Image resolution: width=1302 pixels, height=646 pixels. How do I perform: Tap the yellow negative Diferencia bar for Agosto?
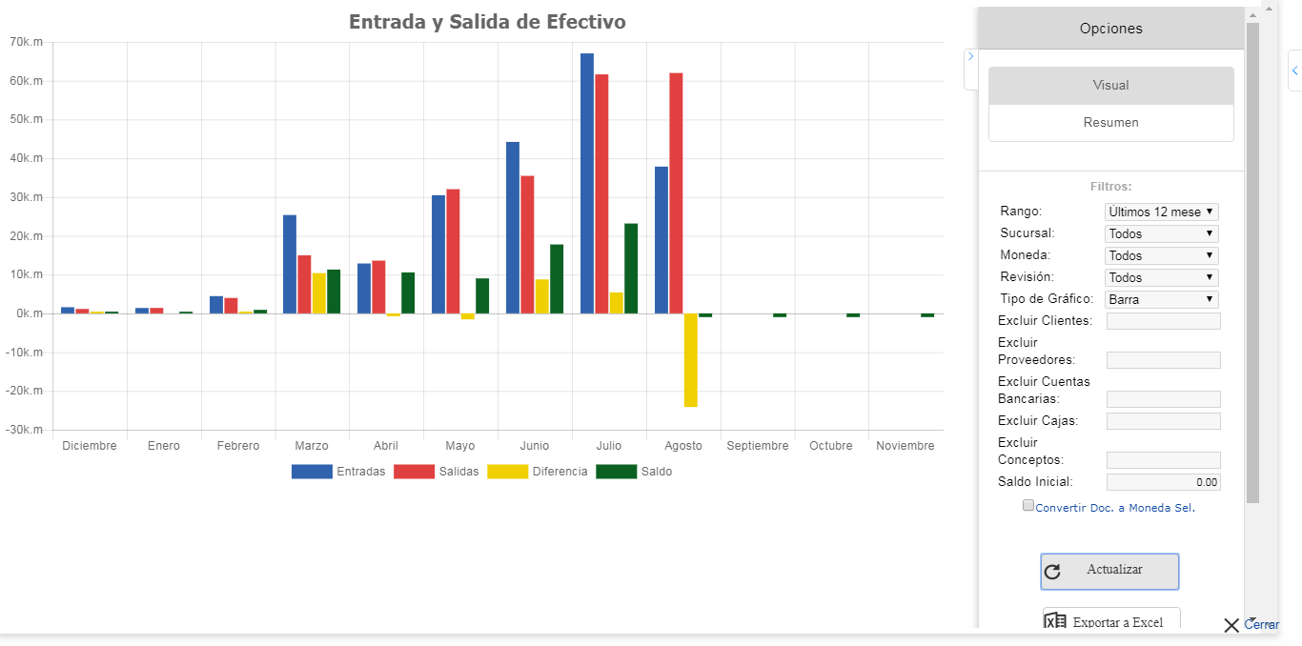click(x=690, y=360)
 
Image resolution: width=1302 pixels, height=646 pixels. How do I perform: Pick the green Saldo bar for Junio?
click(x=557, y=279)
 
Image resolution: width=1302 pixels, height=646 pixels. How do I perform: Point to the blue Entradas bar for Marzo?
click(x=290, y=264)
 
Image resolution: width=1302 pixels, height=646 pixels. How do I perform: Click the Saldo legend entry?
click(x=634, y=472)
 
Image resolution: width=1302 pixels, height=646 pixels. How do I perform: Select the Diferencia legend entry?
click(x=538, y=472)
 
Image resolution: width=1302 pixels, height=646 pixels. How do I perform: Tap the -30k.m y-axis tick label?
click(x=25, y=430)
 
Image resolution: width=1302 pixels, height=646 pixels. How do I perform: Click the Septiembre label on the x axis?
click(x=758, y=446)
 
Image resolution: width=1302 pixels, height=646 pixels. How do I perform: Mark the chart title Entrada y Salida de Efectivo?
click(x=487, y=22)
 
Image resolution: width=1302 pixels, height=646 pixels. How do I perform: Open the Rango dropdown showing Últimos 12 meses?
click(x=1161, y=212)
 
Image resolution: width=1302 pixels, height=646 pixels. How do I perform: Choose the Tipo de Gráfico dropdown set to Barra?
click(x=1161, y=299)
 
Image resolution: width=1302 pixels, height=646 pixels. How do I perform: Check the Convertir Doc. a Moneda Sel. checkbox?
click(x=1028, y=506)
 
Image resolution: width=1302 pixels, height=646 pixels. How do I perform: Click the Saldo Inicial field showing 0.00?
click(x=1163, y=482)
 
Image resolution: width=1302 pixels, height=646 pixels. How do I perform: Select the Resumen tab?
click(x=1110, y=123)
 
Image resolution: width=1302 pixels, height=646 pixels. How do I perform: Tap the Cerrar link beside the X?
click(x=1261, y=625)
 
